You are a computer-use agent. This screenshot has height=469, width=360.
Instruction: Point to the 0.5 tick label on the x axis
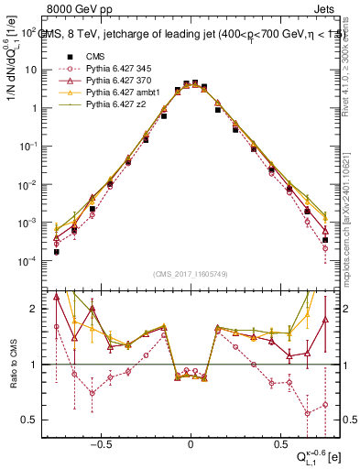pos(278,441)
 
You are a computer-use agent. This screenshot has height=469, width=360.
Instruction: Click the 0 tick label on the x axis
pos(191,441)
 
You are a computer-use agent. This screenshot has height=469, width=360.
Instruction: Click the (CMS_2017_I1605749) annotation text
pos(191,273)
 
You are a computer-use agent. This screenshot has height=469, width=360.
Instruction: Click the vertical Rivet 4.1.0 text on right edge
pos(353,73)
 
